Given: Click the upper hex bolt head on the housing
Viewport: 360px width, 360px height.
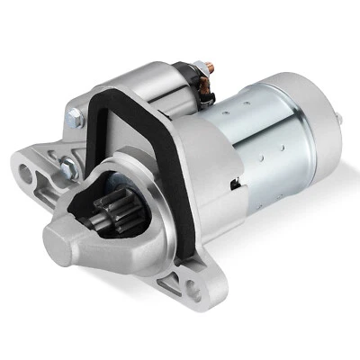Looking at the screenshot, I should pos(74,117).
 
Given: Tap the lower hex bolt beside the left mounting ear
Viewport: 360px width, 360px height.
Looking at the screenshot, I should pos(67,166).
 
